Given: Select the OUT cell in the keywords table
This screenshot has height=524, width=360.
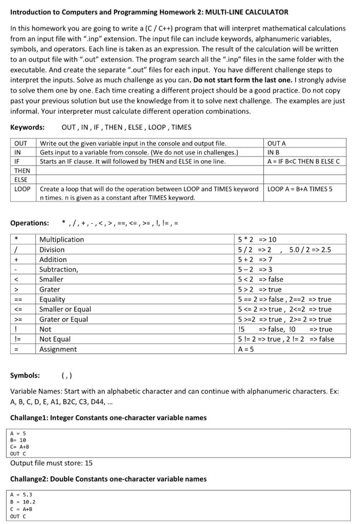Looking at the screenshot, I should tap(21, 143).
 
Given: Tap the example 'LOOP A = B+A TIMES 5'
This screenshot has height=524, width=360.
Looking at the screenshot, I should tap(300, 189).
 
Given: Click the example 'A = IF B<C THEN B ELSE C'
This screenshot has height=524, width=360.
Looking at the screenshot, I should tap(303, 161).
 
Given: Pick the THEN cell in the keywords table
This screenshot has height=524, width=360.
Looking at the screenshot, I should tap(22, 170).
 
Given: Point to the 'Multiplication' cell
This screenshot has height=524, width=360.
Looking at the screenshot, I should tap(61, 239).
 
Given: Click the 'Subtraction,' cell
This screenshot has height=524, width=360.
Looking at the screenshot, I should tap(59, 269).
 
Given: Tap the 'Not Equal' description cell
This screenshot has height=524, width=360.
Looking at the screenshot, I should tap(55, 339).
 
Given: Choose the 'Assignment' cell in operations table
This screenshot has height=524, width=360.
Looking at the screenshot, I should tap(58, 349).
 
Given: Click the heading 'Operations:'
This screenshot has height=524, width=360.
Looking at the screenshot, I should tap(30, 223).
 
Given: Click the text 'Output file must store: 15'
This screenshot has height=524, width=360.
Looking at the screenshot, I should tap(51, 463).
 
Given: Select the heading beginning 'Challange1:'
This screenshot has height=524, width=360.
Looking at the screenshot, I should tap(108, 418).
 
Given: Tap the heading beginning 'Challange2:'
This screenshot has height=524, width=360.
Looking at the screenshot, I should tap(108, 479).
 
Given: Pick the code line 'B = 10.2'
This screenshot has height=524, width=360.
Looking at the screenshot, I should tap(22, 502).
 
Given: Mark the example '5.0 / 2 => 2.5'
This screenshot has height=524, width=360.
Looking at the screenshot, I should tap(310, 250).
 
